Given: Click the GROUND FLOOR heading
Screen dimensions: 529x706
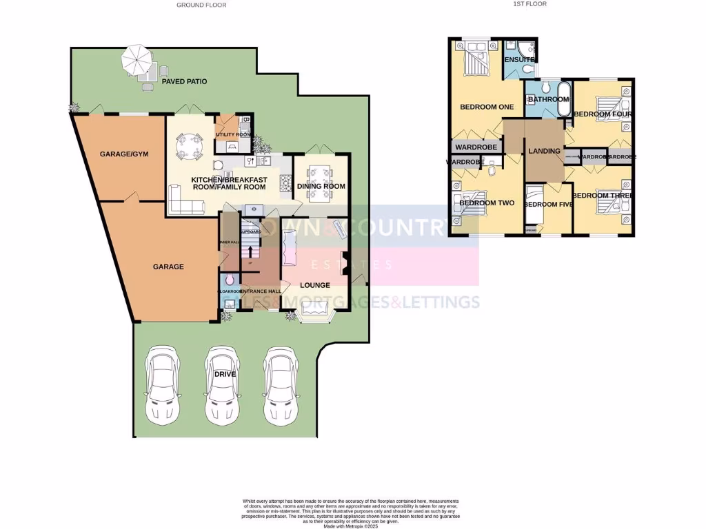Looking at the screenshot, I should pos(201,5).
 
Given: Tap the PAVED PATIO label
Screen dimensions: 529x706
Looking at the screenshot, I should pos(184,81).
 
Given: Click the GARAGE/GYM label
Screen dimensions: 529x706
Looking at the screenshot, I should pos(119,154).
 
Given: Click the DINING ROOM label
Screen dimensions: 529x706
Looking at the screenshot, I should pos(321,186).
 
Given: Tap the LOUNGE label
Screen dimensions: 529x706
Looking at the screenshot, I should pos(316,284).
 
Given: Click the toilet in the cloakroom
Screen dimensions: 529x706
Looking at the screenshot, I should pos(229,280).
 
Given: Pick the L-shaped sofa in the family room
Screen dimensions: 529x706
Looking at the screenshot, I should pos(185,202).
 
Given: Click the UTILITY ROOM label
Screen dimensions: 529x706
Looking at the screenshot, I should pos(233,134).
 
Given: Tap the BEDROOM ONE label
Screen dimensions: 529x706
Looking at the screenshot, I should pos(487,107).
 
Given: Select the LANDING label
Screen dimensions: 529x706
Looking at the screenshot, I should pos(543,151).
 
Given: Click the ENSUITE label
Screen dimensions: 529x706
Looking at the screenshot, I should pos(519,60).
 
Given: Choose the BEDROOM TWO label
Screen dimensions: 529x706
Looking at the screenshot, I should pos(487,203).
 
